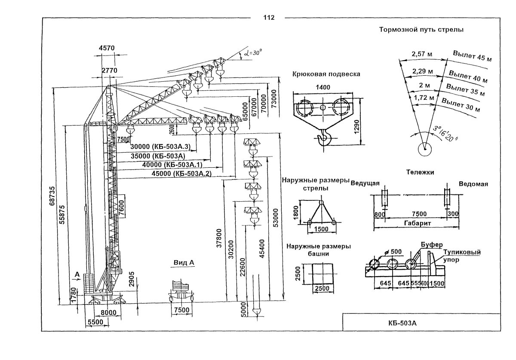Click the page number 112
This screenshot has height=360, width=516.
268,18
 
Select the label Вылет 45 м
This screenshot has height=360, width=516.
472,56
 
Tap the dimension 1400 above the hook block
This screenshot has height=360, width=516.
322,87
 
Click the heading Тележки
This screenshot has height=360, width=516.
420,172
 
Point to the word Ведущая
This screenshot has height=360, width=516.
365,184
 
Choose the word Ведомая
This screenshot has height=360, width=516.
473,184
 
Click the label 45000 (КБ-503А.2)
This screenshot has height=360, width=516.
177,174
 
